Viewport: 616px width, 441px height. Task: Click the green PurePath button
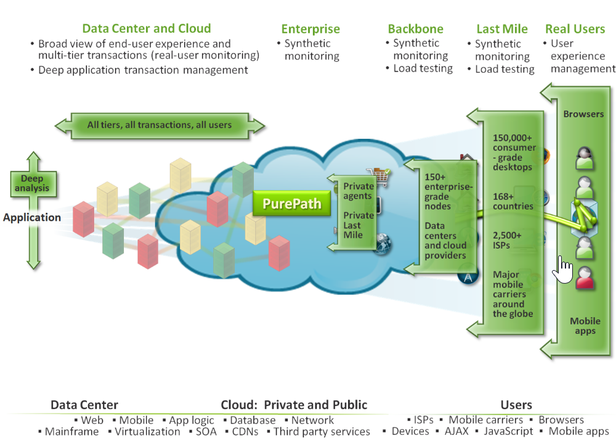pyautogui.click(x=291, y=204)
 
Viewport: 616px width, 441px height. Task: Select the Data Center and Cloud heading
pyautogui.click(x=147, y=28)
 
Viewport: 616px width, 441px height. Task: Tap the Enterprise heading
pyautogui.click(x=310, y=29)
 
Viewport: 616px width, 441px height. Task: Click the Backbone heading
pyautogui.click(x=415, y=29)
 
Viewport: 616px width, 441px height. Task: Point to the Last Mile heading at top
pyautogui.click(x=502, y=29)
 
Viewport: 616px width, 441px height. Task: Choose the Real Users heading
pyautogui.click(x=575, y=29)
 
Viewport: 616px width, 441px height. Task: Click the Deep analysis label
pyautogui.click(x=32, y=183)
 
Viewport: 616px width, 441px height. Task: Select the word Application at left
pyautogui.click(x=32, y=218)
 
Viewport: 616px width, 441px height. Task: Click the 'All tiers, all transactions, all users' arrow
pyautogui.click(x=160, y=125)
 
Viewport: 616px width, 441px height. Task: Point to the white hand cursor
pyautogui.click(x=563, y=270)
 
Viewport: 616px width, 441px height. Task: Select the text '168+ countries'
pyautogui.click(x=513, y=201)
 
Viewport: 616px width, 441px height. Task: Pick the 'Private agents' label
pyautogui.click(x=358, y=191)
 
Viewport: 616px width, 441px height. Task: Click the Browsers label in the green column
pyautogui.click(x=583, y=114)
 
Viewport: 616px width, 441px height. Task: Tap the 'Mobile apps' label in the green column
pyautogui.click(x=585, y=326)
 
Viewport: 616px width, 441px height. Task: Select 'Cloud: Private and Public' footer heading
pyautogui.click(x=294, y=405)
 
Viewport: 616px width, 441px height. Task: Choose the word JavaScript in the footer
pyautogui.click(x=508, y=432)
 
